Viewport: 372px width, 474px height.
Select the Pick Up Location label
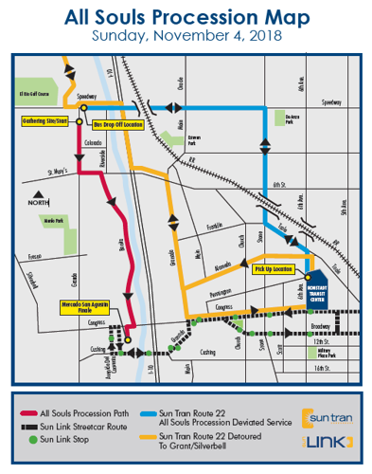[275, 270]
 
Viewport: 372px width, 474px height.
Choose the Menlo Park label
[51, 220]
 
